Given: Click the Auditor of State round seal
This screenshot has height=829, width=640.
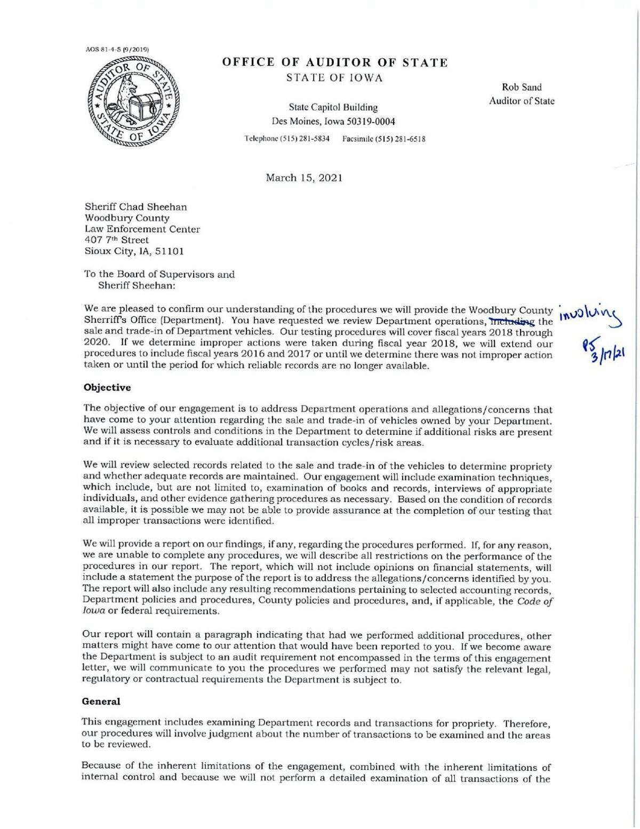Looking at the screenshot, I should point(131,105).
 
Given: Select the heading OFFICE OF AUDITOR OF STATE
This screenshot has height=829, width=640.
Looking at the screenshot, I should point(335,63).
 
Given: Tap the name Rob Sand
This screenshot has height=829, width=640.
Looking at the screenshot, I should point(522,87).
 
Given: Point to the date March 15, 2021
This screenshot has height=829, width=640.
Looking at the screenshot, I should point(304,178).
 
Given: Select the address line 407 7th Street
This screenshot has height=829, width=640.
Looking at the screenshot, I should point(117,240).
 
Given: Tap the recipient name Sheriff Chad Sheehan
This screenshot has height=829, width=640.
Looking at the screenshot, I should point(136,206).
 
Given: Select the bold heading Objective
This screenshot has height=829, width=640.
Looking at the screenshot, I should point(107,388).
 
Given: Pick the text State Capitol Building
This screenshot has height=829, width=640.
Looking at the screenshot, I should point(333,108).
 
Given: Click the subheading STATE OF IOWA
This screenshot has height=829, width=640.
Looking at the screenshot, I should point(334,78).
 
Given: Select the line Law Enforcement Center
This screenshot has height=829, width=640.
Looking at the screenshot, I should point(142,229).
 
